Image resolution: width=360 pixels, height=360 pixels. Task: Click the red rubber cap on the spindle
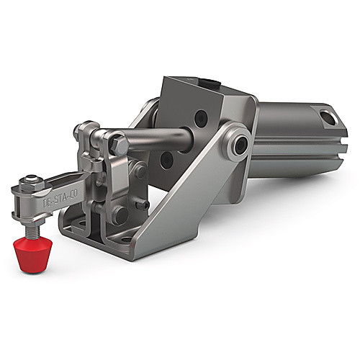tap(32, 256)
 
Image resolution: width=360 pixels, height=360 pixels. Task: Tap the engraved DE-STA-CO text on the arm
tap(60, 199)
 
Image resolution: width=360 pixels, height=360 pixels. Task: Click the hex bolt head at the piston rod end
tap(120, 145)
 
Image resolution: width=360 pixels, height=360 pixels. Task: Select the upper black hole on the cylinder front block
tap(201, 117)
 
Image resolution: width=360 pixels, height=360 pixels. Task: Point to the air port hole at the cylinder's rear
tap(328, 117)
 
